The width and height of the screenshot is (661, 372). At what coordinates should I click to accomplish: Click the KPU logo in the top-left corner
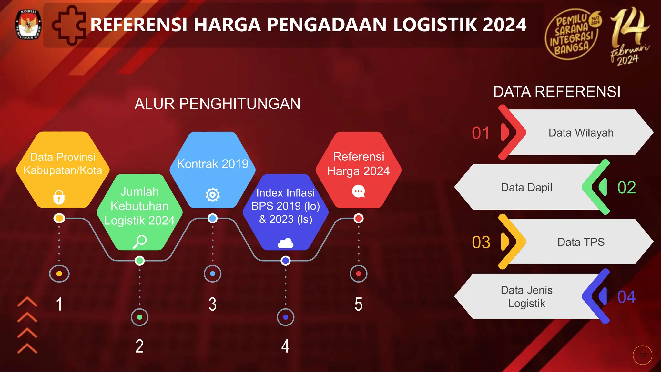click(28, 25)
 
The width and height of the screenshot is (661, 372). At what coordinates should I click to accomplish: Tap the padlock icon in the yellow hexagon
click(59, 197)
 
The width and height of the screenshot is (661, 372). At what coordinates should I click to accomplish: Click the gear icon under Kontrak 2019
click(213, 195)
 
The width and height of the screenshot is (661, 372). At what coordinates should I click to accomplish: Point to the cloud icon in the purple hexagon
click(286, 243)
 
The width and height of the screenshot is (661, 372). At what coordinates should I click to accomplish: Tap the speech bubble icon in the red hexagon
click(358, 191)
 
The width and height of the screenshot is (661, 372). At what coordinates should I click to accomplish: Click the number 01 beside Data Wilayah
click(481, 133)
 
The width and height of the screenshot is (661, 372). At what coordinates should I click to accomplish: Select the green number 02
click(626, 188)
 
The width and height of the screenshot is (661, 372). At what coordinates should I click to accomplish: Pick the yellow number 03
click(481, 242)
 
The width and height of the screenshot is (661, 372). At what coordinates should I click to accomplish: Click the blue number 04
click(626, 297)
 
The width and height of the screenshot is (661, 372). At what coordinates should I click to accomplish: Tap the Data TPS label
click(581, 242)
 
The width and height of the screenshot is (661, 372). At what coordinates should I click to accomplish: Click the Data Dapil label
click(526, 188)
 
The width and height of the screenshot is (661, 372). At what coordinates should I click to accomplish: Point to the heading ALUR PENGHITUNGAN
click(217, 104)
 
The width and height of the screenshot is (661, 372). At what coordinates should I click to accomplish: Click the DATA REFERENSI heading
click(557, 92)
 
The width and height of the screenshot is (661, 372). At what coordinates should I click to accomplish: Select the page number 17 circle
click(642, 355)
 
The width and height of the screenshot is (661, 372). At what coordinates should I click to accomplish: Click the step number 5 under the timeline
click(358, 304)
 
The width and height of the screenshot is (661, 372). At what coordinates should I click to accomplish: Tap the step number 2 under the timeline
click(139, 346)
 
